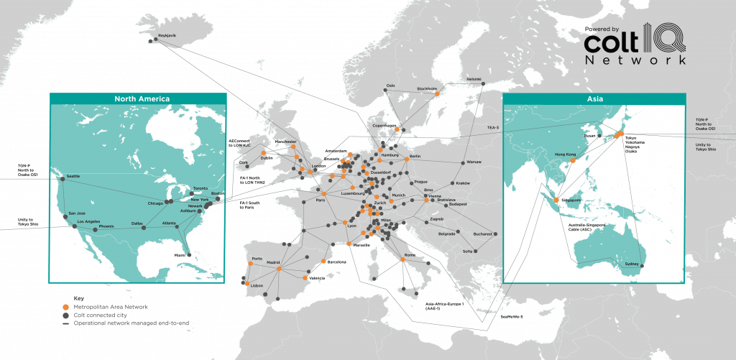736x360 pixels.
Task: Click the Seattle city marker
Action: click(x=62, y=180)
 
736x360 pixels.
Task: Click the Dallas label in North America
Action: click(x=138, y=223)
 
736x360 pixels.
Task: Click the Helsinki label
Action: click(x=474, y=79)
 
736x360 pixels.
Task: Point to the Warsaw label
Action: click(x=473, y=162)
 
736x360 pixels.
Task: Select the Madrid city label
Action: click(x=273, y=262)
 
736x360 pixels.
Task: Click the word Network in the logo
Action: click(x=635, y=60)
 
